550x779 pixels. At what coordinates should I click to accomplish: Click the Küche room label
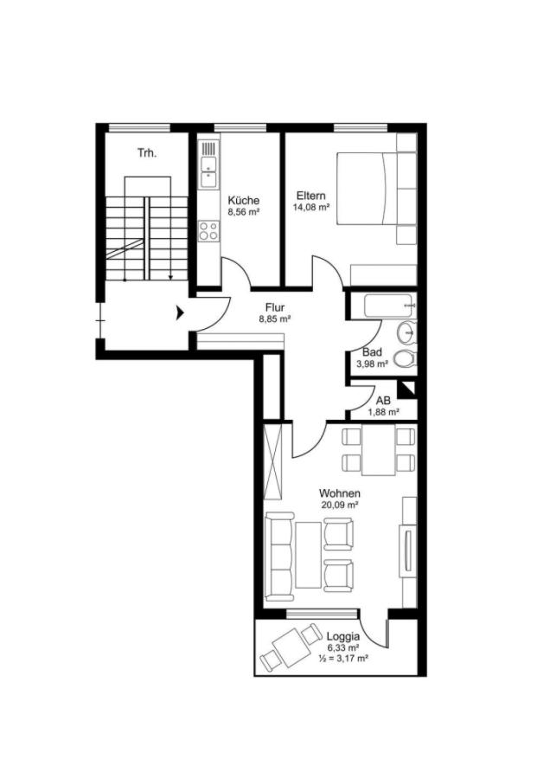tap(243, 201)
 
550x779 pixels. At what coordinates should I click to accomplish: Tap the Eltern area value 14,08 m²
tap(311, 208)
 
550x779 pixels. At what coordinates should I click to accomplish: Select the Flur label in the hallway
tap(274, 307)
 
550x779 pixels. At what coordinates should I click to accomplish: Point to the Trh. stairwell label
tap(147, 153)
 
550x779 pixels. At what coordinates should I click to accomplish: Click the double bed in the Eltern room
tap(368, 189)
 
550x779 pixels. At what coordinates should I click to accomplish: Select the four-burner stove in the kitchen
tap(209, 230)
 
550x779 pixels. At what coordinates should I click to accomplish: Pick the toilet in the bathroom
tap(405, 358)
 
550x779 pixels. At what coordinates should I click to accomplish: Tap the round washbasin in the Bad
tap(407, 332)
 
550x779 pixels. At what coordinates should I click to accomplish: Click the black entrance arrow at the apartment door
tap(181, 313)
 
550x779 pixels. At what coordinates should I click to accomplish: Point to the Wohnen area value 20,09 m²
tap(339, 505)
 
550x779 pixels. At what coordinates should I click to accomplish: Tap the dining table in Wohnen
tap(378, 449)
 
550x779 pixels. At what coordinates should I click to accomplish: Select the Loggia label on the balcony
tap(343, 636)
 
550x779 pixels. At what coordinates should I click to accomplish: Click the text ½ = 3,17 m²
tap(343, 659)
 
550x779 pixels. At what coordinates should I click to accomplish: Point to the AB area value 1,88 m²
tap(384, 412)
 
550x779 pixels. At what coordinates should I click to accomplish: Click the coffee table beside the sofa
tap(308, 554)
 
